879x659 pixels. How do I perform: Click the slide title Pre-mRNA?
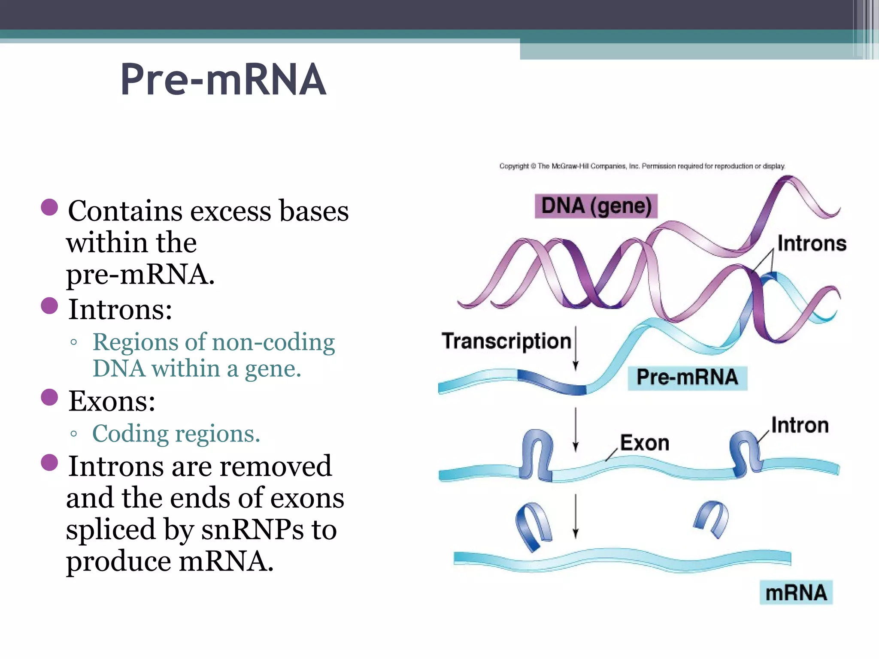(x=223, y=79)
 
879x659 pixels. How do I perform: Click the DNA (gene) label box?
(x=596, y=206)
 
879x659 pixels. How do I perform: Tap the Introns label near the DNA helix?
(x=811, y=243)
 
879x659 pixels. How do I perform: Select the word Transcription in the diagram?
(x=506, y=341)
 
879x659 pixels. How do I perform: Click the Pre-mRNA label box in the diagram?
(x=687, y=378)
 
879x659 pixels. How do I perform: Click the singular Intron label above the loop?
(x=800, y=426)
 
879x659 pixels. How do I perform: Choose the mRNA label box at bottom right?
(x=796, y=592)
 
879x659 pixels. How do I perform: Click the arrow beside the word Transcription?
(x=576, y=348)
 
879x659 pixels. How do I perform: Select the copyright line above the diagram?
(x=642, y=166)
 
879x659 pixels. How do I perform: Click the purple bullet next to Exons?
(x=49, y=397)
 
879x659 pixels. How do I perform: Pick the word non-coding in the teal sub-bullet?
(x=273, y=342)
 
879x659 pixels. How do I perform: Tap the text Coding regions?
(x=176, y=434)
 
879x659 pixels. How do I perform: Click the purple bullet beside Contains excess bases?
(x=49, y=207)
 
